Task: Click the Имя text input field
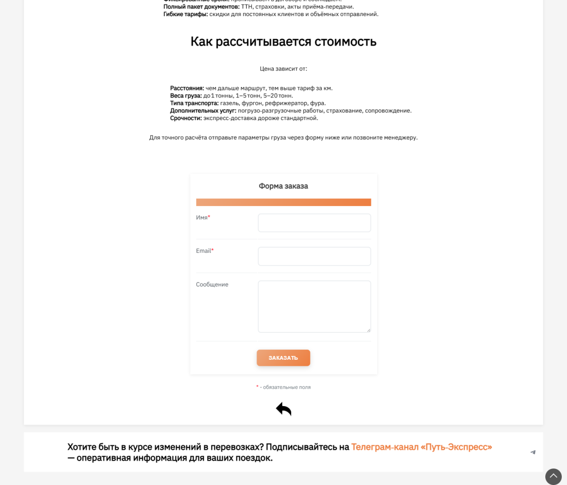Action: (x=314, y=223)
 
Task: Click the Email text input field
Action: (x=314, y=256)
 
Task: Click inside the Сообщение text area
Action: (x=314, y=306)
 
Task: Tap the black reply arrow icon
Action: (x=283, y=409)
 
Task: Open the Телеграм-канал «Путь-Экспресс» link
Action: (x=421, y=447)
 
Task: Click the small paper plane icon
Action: (x=533, y=452)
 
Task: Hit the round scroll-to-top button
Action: (x=553, y=476)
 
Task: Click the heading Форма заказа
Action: (x=283, y=186)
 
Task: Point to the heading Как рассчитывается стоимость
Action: (x=283, y=42)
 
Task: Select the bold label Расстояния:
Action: (x=187, y=88)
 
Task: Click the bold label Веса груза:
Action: (x=186, y=96)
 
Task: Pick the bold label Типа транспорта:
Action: (x=194, y=103)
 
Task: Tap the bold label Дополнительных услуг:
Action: (x=203, y=111)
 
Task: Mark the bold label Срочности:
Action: (x=186, y=118)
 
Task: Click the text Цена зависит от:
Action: (x=283, y=69)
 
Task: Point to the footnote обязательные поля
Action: (x=286, y=387)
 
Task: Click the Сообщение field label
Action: (x=212, y=285)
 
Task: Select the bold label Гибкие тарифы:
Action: (x=186, y=14)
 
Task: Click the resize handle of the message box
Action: (x=369, y=330)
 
